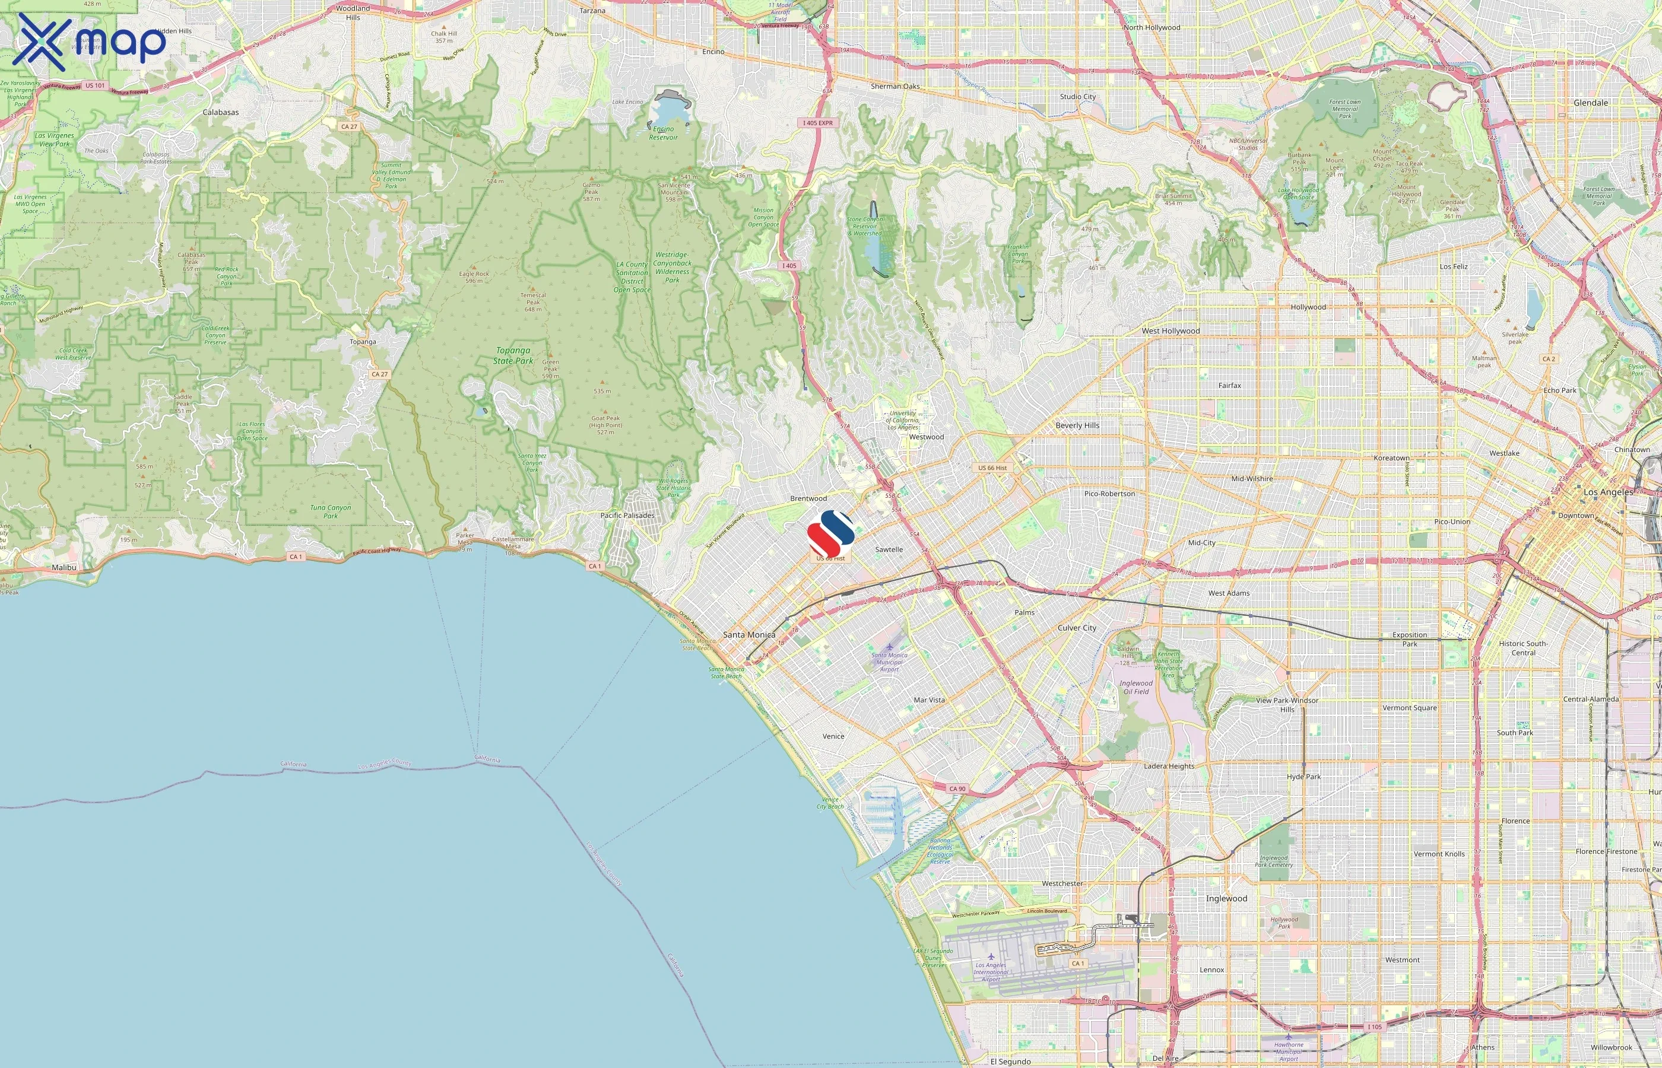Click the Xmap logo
(x=89, y=42)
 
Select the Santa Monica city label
(x=749, y=634)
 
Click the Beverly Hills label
(x=1077, y=425)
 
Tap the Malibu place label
(x=64, y=567)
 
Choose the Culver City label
(x=1077, y=628)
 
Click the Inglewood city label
(x=1226, y=898)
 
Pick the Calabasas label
(x=221, y=112)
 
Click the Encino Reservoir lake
(x=668, y=111)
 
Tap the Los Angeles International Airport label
(x=991, y=971)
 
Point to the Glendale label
(x=1591, y=103)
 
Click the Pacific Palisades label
(x=627, y=515)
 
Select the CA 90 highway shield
(x=957, y=789)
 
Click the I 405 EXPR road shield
(x=818, y=123)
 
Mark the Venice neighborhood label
(x=833, y=736)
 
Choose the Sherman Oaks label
(x=895, y=87)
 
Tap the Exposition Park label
(x=1410, y=638)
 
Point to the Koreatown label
(x=1391, y=457)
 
